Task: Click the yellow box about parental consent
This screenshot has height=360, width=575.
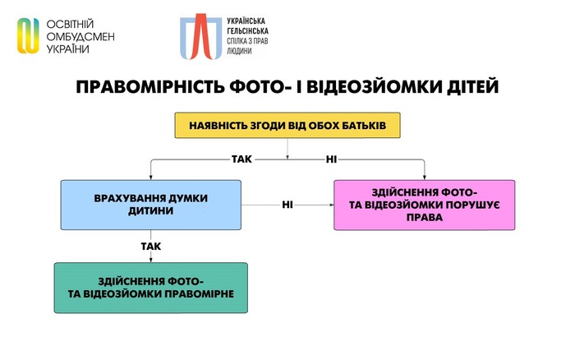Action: coord(287,127)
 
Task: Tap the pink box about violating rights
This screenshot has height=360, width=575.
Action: coord(425,205)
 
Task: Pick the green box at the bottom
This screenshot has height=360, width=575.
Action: coord(151,288)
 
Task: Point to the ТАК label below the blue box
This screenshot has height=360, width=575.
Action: coord(150,246)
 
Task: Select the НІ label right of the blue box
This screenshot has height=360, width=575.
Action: coord(287,205)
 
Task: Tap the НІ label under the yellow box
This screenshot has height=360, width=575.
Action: coord(332,157)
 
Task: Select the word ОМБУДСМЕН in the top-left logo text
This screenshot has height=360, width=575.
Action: coord(80,36)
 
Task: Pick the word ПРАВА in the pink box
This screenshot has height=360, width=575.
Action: coord(425,219)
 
